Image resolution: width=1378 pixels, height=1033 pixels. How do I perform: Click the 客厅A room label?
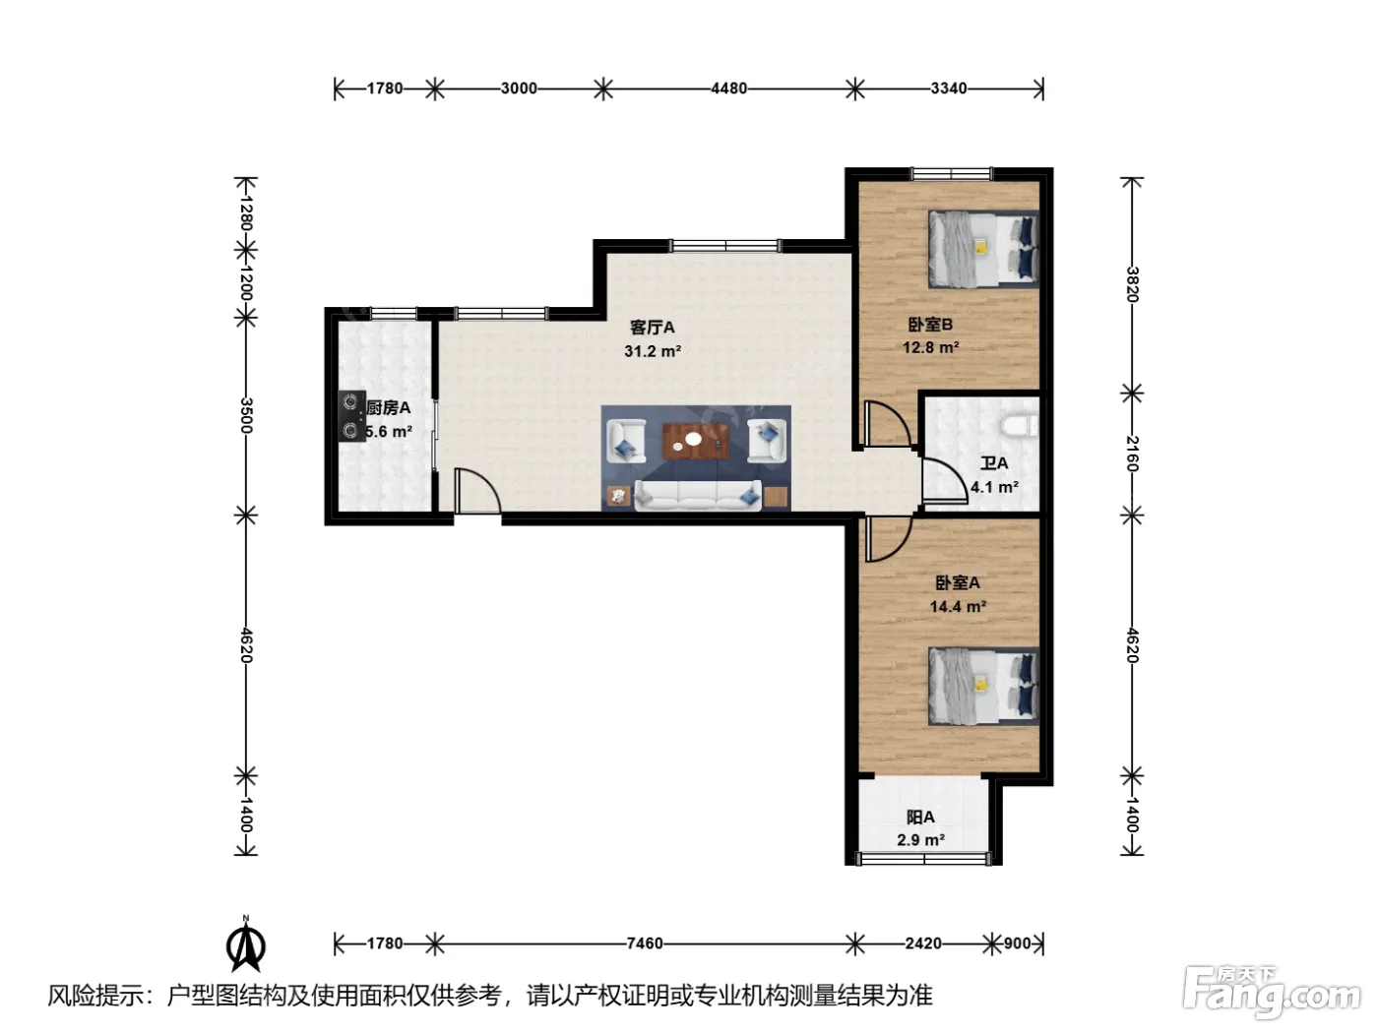click(x=653, y=328)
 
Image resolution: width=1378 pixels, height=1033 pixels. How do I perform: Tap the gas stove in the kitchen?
click(x=352, y=416)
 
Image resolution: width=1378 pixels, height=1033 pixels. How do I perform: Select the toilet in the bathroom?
click(x=1020, y=425)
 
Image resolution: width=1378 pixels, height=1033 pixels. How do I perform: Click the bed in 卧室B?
click(x=983, y=249)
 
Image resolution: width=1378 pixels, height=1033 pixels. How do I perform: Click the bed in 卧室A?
click(x=983, y=686)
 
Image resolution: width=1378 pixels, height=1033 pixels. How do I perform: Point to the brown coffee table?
click(x=696, y=441)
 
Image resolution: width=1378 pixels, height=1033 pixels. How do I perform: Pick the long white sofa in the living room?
click(x=698, y=496)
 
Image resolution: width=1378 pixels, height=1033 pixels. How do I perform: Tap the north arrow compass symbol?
click(x=246, y=944)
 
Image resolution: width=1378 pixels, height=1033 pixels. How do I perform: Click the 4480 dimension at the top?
click(x=729, y=89)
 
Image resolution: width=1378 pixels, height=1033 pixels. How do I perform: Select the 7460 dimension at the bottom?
click(x=645, y=943)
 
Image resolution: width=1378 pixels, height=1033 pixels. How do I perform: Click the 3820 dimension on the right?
click(x=1131, y=284)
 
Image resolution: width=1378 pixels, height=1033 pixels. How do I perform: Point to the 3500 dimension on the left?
click(x=246, y=415)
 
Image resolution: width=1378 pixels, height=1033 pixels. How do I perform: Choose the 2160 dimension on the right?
click(x=1131, y=455)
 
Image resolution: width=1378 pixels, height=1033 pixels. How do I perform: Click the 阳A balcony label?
click(x=921, y=818)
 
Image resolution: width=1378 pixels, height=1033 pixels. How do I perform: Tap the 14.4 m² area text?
click(x=958, y=606)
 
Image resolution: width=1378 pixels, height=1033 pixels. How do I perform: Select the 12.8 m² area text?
click(x=931, y=347)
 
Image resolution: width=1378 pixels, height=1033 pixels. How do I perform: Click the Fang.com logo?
click(x=1272, y=993)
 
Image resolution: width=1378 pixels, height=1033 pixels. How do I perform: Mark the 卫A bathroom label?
click(x=994, y=463)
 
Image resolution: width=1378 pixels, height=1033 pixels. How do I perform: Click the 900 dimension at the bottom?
click(x=1018, y=943)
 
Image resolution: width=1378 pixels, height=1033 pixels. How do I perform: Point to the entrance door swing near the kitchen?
click(x=477, y=490)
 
